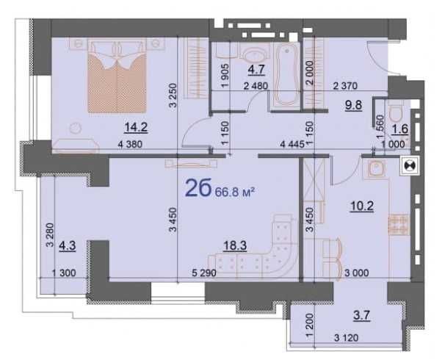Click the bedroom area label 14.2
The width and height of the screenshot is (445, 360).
pos(137,126)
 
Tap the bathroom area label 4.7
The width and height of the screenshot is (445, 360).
pos(256,71)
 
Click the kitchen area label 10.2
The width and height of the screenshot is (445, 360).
pos(356,206)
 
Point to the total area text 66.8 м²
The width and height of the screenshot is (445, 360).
pos(234,192)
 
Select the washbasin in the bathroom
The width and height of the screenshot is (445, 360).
pos(255,53)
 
